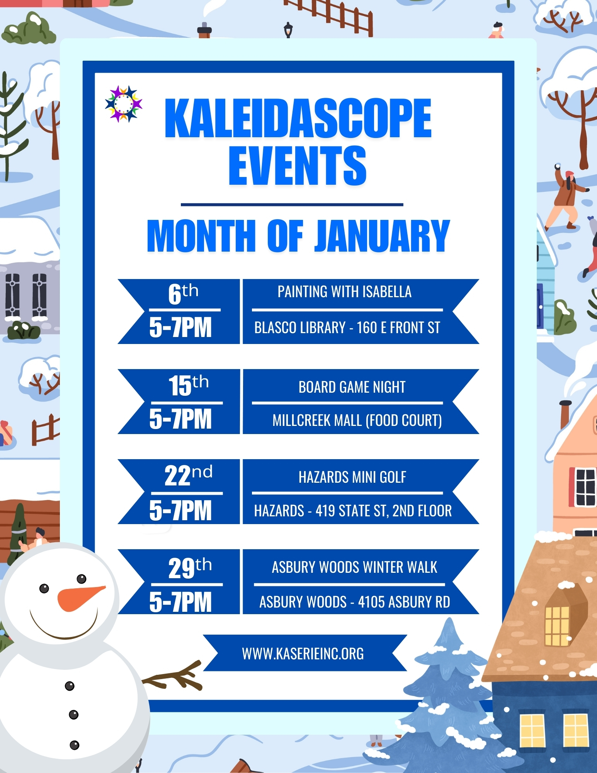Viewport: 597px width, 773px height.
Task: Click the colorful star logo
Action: [x=124, y=104]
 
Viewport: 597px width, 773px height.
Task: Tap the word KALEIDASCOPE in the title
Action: [x=298, y=118]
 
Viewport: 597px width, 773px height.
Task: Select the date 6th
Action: [x=183, y=294]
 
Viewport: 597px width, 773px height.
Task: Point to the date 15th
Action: [x=189, y=385]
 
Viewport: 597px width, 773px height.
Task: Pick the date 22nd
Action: [x=189, y=475]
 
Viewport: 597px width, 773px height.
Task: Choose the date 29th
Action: [x=190, y=567]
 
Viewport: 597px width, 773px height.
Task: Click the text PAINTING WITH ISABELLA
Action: [x=344, y=292]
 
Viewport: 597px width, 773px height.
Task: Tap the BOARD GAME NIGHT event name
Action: [x=352, y=387]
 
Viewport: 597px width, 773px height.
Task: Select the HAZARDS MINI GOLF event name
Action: [x=352, y=477]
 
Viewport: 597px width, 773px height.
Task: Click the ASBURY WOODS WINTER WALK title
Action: [x=354, y=567]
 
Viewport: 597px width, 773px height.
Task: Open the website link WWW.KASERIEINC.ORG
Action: [x=303, y=654]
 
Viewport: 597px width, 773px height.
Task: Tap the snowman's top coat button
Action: [x=70, y=686]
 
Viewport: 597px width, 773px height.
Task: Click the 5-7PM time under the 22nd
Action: [x=180, y=511]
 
